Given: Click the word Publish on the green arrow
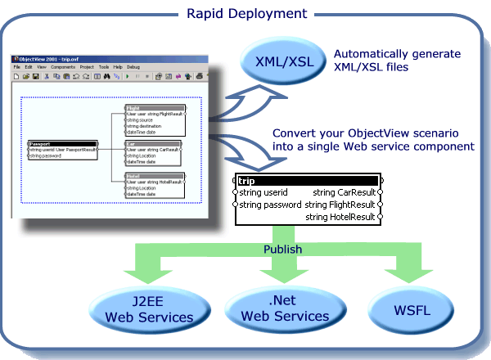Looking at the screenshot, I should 282,249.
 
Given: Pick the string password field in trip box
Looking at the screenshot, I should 269,205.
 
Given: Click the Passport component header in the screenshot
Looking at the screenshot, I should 62,143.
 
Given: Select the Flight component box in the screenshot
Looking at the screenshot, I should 155,119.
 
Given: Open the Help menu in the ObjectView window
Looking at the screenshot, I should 118,66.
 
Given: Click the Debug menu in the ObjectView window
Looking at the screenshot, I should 133,66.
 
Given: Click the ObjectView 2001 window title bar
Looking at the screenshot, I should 106,59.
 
